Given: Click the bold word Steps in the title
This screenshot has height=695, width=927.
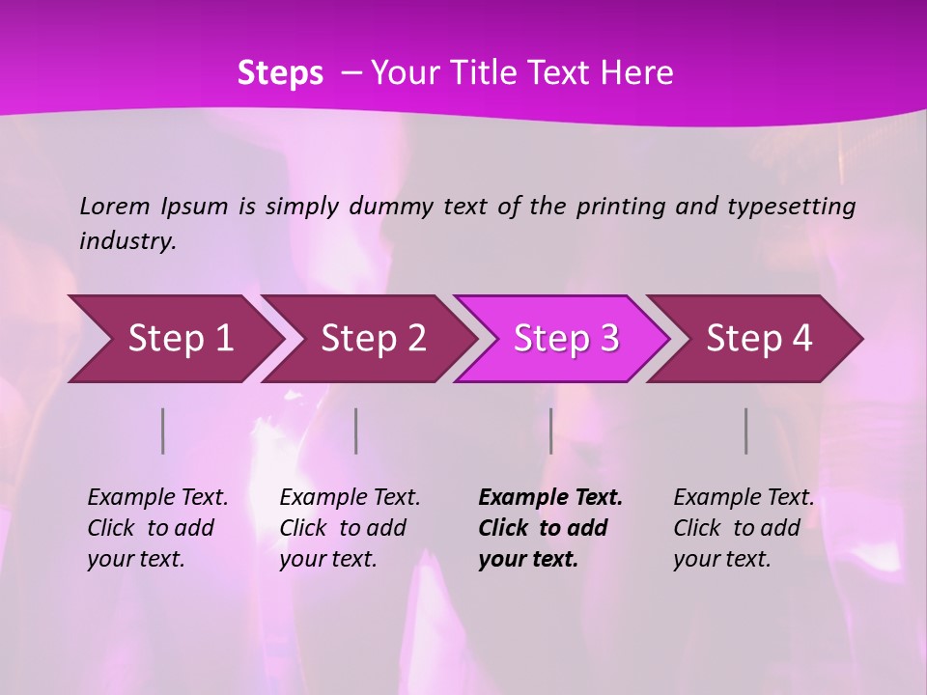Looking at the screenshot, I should [x=280, y=73].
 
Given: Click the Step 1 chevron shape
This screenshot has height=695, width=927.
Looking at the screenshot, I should [x=174, y=339].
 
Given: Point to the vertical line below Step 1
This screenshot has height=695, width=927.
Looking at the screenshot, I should [x=163, y=431].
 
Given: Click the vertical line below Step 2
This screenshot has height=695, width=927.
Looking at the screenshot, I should [x=356, y=431].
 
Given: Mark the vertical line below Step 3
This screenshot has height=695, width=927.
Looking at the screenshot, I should [x=550, y=431].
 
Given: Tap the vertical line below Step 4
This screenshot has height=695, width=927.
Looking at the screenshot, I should [x=745, y=431].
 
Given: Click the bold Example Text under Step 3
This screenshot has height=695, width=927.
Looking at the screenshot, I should [x=550, y=498].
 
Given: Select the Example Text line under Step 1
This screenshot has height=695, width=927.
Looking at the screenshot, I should [x=157, y=498].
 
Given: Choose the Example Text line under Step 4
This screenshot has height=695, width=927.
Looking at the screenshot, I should [x=744, y=498].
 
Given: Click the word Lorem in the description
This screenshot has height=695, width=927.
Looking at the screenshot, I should [x=115, y=207].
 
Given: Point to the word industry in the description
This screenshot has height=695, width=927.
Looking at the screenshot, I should [x=126, y=241].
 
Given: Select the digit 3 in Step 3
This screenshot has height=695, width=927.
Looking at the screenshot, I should [x=608, y=339].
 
